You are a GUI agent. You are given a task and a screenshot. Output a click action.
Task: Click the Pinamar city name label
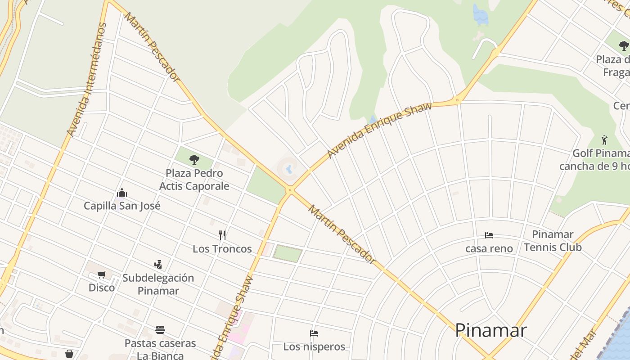coord(490,330)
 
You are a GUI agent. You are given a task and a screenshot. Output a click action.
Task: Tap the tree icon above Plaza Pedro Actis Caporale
coord(194,159)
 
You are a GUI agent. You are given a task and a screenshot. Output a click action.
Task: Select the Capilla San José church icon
coord(122,193)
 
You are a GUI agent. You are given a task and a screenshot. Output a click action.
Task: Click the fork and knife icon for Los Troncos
coord(222,235)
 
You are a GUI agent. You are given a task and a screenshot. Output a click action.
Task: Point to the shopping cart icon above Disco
coord(102,274)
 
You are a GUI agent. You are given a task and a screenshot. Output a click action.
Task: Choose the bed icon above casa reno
coord(489,235)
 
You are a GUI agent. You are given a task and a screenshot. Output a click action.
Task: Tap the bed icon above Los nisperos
coord(314,333)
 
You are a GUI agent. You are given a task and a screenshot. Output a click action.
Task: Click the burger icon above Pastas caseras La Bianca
coord(160,330)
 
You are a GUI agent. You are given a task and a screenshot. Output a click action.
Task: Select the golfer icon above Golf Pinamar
coord(604,139)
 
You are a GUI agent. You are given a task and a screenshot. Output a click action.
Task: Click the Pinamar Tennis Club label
coord(553,241)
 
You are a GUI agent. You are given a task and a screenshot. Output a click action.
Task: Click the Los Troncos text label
coord(222,249)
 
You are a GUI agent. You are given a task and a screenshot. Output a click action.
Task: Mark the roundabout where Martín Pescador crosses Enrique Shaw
coord(289,190)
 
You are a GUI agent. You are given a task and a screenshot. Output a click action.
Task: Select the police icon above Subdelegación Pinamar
coord(158,264)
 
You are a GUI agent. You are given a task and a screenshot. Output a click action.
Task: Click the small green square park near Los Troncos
coord(288,253)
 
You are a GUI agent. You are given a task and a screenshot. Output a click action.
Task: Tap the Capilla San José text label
coord(122,206)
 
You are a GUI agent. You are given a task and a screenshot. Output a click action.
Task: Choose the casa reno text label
coord(489,248)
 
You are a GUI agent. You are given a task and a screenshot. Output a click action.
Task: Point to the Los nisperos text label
coord(314,346)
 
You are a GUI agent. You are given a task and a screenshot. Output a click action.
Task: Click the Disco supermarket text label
coord(102,288)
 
